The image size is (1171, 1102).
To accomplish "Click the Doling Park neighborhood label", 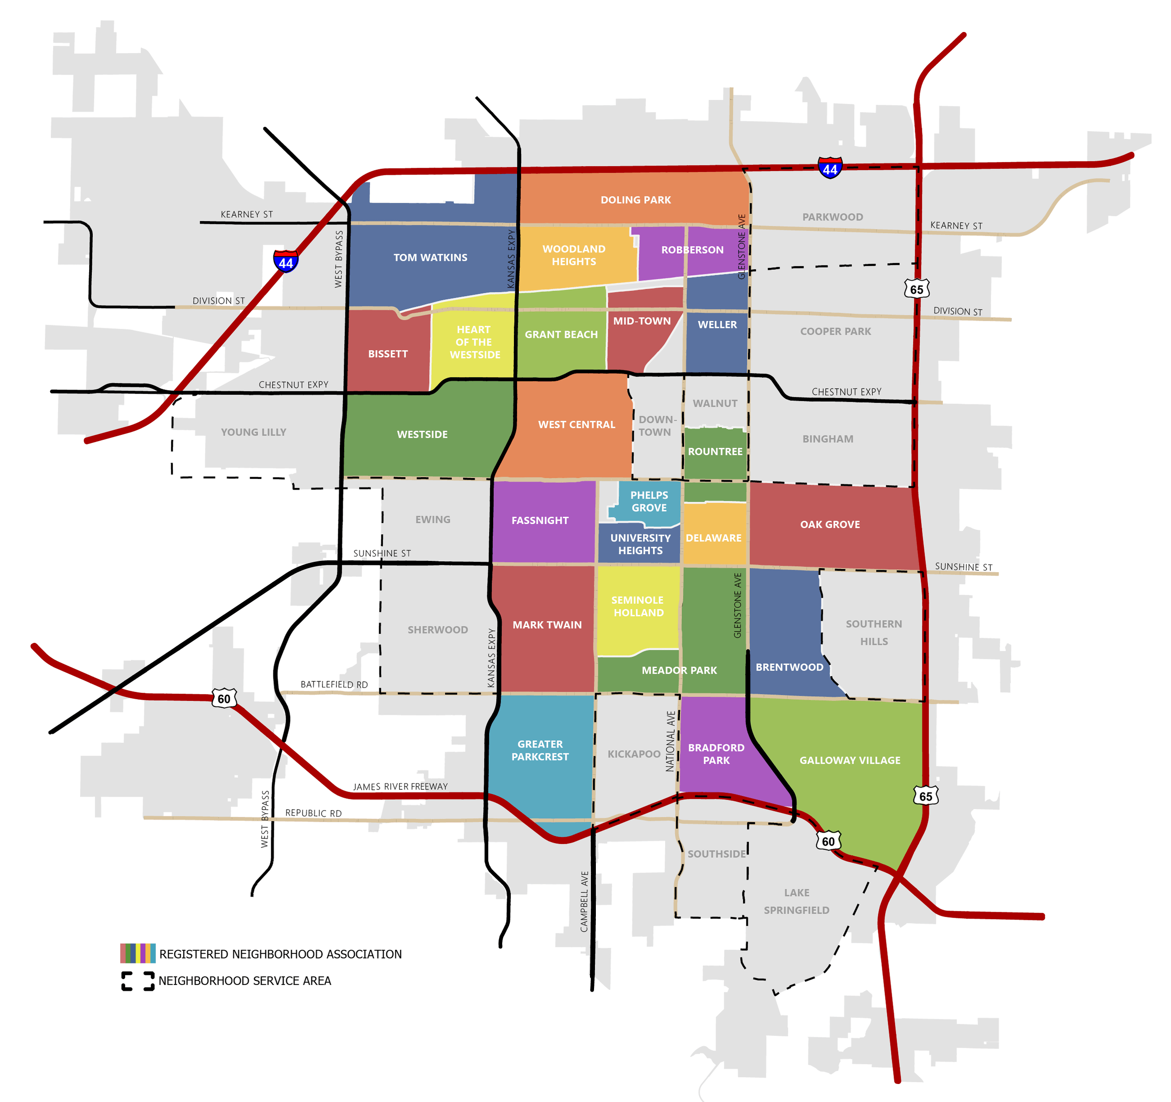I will (x=635, y=200).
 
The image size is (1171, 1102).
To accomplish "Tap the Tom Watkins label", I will (x=430, y=258).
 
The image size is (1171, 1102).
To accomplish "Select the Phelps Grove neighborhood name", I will (x=649, y=501).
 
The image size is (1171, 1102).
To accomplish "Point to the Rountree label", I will (x=715, y=451).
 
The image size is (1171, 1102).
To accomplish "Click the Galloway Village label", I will (x=849, y=760).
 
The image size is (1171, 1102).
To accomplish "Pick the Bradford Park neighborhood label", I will (x=716, y=754).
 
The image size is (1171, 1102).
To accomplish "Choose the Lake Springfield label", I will (x=796, y=901).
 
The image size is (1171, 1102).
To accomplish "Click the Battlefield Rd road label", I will (x=334, y=684).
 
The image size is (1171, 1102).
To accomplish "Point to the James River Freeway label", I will (x=400, y=787).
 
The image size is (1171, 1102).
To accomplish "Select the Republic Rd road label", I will (x=313, y=813).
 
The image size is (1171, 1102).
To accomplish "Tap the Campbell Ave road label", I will (x=584, y=902).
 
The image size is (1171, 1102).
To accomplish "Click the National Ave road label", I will (x=670, y=741).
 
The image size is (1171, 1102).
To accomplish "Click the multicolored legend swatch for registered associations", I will (x=138, y=953).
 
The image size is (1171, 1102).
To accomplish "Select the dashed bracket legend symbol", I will (x=138, y=981).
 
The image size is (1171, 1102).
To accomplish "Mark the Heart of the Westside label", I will (x=474, y=342).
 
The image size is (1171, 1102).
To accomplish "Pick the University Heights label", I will (x=640, y=544).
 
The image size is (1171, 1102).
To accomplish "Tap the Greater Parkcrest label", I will (x=540, y=750).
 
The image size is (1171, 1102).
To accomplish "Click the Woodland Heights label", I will (x=574, y=255).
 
